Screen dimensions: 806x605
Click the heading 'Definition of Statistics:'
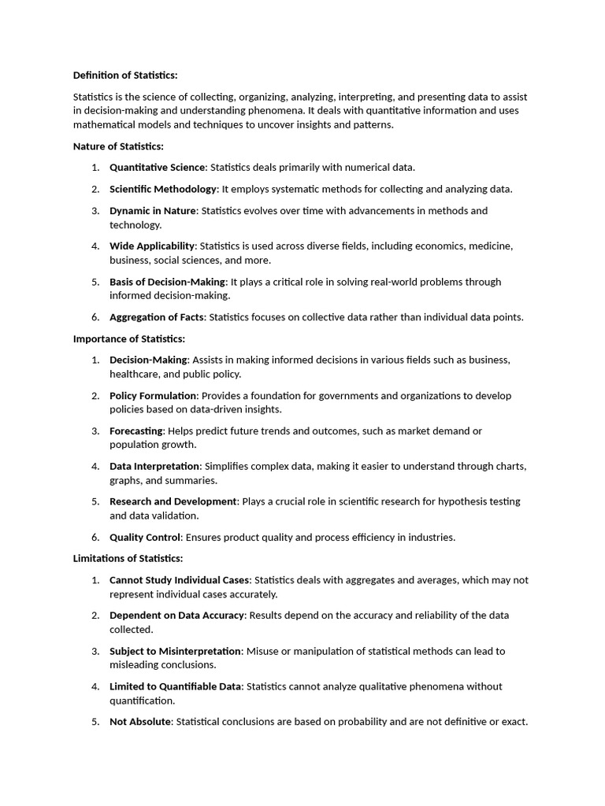point(125,75)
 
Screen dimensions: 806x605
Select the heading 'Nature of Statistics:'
point(118,146)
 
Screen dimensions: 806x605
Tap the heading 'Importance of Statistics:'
point(129,338)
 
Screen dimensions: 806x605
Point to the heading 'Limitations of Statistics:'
point(128,558)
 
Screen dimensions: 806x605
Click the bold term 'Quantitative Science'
point(157,167)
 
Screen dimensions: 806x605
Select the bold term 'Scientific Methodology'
point(163,189)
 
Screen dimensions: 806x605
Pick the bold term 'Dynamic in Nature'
point(154,210)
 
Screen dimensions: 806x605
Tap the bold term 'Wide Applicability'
point(152,246)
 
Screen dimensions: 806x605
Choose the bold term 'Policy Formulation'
point(154,395)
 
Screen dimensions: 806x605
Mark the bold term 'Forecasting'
point(136,431)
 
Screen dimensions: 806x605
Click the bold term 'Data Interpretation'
point(155,466)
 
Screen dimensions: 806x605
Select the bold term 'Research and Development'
point(173,501)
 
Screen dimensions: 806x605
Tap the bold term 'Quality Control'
point(146,537)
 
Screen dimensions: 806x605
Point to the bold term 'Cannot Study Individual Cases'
point(179,579)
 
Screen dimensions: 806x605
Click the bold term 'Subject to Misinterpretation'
point(175,651)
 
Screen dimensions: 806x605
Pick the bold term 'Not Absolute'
point(140,722)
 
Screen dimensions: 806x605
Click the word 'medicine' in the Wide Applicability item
point(492,246)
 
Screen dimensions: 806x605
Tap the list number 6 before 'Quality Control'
point(95,537)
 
